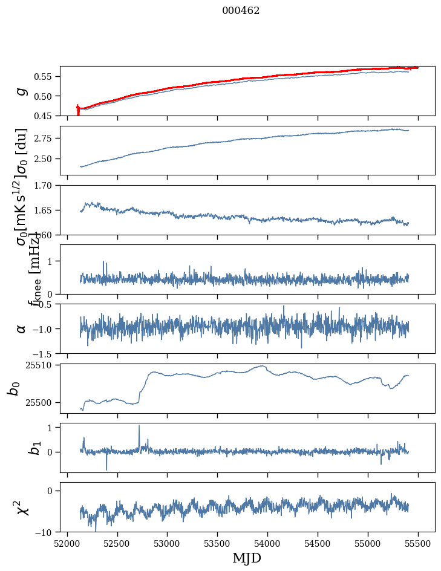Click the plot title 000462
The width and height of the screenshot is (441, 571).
click(x=241, y=11)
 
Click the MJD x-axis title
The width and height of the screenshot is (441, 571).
click(x=247, y=558)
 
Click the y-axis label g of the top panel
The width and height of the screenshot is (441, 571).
click(x=22, y=91)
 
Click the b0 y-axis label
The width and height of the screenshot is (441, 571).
click(x=13, y=388)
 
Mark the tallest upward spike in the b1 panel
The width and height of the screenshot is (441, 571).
click(x=139, y=426)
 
